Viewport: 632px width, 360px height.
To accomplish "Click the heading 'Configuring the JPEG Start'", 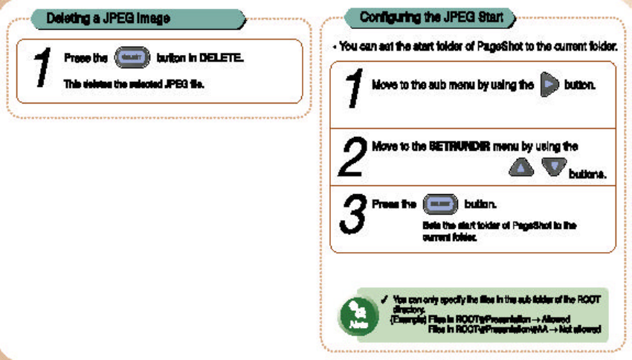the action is coord(431,16).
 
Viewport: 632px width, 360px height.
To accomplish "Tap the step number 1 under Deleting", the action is coord(40,69).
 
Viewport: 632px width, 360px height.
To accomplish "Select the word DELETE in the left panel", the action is coord(222,57).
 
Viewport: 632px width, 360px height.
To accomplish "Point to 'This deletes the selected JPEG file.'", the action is coord(134,84).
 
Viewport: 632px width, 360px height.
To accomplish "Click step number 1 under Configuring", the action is coord(354,89).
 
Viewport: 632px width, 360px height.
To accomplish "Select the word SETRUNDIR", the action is coord(460,147).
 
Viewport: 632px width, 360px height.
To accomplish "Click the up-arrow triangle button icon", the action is coord(521,167).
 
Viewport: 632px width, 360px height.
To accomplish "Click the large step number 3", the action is coord(352,216).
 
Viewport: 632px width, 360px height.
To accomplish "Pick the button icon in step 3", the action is coord(440,204).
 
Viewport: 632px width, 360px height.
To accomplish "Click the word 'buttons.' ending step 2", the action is coord(587,175).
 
